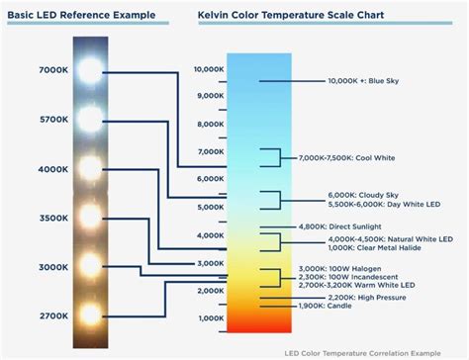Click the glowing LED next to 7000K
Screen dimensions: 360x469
(x=90, y=69)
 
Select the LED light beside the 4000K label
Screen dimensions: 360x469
(x=90, y=168)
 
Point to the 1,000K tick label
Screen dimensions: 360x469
(x=210, y=318)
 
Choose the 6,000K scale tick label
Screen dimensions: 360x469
(x=210, y=179)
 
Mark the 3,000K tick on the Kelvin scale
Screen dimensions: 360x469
(x=210, y=263)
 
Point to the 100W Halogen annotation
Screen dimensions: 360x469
(x=342, y=269)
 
